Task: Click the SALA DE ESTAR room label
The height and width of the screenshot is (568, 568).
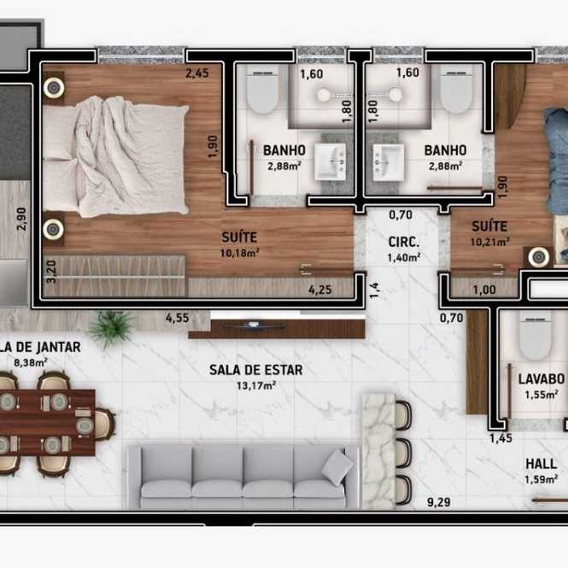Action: pyautogui.click(x=255, y=370)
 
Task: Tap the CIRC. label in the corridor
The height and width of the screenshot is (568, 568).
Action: pyautogui.click(x=403, y=242)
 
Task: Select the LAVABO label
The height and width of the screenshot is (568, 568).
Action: pyautogui.click(x=542, y=379)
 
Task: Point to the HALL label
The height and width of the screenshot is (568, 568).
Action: pyautogui.click(x=542, y=464)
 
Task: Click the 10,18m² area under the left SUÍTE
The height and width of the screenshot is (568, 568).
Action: pyautogui.click(x=239, y=253)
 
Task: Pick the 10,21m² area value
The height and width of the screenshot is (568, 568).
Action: pyautogui.click(x=489, y=242)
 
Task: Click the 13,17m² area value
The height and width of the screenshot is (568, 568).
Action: pyautogui.click(x=256, y=385)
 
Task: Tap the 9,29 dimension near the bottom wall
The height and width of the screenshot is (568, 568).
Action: pyautogui.click(x=439, y=502)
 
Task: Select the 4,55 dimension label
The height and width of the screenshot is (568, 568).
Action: pyautogui.click(x=177, y=318)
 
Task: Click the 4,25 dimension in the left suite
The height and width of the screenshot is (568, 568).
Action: pyautogui.click(x=319, y=290)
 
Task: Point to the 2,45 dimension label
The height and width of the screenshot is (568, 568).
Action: pyautogui.click(x=197, y=73)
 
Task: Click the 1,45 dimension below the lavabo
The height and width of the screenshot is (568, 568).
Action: pyautogui.click(x=501, y=438)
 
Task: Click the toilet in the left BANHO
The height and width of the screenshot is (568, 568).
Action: pyautogui.click(x=262, y=91)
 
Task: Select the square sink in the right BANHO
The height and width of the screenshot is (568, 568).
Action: pyautogui.click(x=388, y=162)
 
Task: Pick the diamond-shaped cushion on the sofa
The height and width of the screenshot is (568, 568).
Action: pyautogui.click(x=337, y=467)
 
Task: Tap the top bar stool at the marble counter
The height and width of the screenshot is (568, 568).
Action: pyautogui.click(x=403, y=416)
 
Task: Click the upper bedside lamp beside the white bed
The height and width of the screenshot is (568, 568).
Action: pyautogui.click(x=54, y=88)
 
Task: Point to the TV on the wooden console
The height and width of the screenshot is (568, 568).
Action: pyautogui.click(x=253, y=325)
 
